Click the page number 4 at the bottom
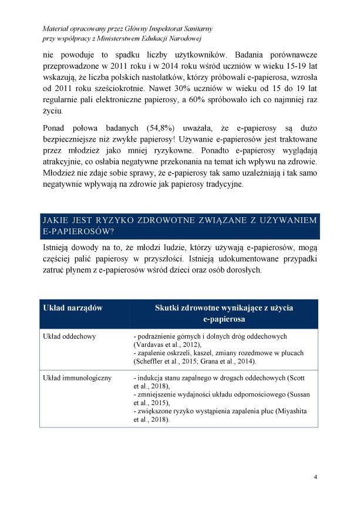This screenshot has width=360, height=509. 315,476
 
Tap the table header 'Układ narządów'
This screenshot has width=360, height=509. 73,308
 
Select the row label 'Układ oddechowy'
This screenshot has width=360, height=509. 70,336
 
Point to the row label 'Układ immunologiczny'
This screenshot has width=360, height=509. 78,377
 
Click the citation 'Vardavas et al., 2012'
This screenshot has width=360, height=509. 167,345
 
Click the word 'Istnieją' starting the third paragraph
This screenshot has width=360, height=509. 60,248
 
